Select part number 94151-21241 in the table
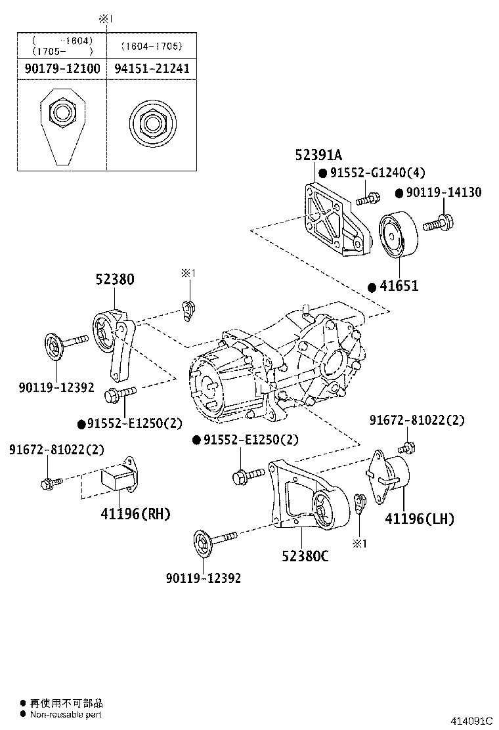(x=151, y=68)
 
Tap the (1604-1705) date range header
(x=151, y=46)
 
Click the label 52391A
(x=318, y=156)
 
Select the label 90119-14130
(x=445, y=192)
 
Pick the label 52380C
(x=305, y=556)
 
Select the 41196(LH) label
(x=419, y=519)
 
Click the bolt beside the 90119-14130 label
(x=438, y=223)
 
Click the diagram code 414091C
(x=471, y=720)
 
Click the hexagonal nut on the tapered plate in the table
(x=61, y=114)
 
